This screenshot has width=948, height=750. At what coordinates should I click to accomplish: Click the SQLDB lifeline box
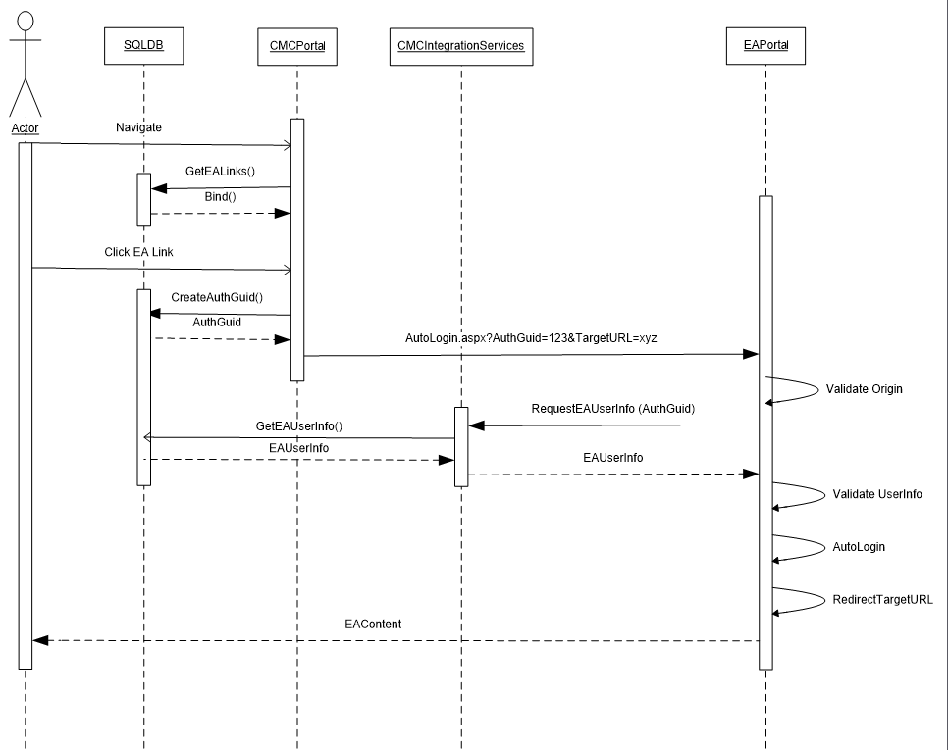coord(142,46)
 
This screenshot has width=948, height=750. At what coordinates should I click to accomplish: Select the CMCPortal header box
coord(296,46)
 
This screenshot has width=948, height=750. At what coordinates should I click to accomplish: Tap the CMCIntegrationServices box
coord(460,46)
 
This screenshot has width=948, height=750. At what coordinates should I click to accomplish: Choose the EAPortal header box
coord(766,46)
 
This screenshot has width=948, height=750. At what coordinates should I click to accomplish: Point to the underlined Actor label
coord(25,129)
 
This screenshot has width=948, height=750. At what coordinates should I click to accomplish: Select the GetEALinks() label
coord(220,171)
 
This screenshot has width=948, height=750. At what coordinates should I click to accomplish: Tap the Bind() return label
coord(220,197)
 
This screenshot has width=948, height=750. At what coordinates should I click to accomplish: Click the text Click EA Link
coord(138,252)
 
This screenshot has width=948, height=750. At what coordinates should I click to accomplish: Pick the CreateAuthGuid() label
coord(217,297)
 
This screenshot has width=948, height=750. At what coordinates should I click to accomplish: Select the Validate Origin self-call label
coord(864,389)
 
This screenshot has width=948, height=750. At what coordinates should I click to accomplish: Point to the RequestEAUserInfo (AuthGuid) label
coord(612,408)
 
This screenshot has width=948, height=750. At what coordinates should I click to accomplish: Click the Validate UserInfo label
coord(877,494)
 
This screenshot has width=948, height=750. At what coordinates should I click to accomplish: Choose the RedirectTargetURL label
coord(882,599)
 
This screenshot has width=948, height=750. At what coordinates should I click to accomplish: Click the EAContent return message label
coord(372,623)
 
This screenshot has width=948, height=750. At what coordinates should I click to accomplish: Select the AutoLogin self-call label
coord(859,547)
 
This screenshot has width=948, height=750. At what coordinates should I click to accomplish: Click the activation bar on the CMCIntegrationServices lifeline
coord(460,446)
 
